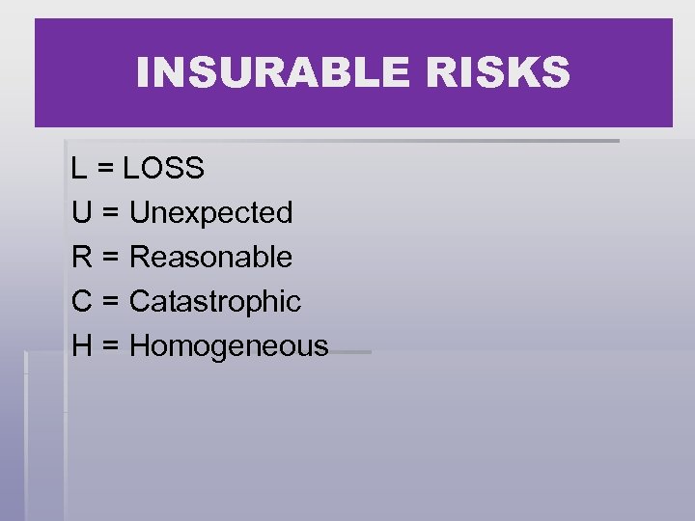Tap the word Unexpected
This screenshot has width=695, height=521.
(210, 213)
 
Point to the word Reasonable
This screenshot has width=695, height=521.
(210, 257)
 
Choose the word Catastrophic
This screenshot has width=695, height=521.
(215, 302)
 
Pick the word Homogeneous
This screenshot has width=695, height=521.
(229, 346)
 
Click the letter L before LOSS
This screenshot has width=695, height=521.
(78, 169)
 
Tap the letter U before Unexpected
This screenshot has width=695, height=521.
(81, 212)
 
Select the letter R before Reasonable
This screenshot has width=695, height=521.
(81, 257)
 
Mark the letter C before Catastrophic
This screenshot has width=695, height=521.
(81, 301)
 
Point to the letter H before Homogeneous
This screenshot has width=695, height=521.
(81, 345)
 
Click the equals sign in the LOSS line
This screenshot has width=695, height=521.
(104, 170)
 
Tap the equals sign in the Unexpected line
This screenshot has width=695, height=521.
(108, 213)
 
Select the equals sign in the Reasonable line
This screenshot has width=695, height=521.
(108, 258)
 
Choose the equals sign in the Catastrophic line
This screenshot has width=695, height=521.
(108, 302)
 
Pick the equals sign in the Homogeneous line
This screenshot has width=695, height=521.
(108, 346)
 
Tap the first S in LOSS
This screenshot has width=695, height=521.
(177, 169)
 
